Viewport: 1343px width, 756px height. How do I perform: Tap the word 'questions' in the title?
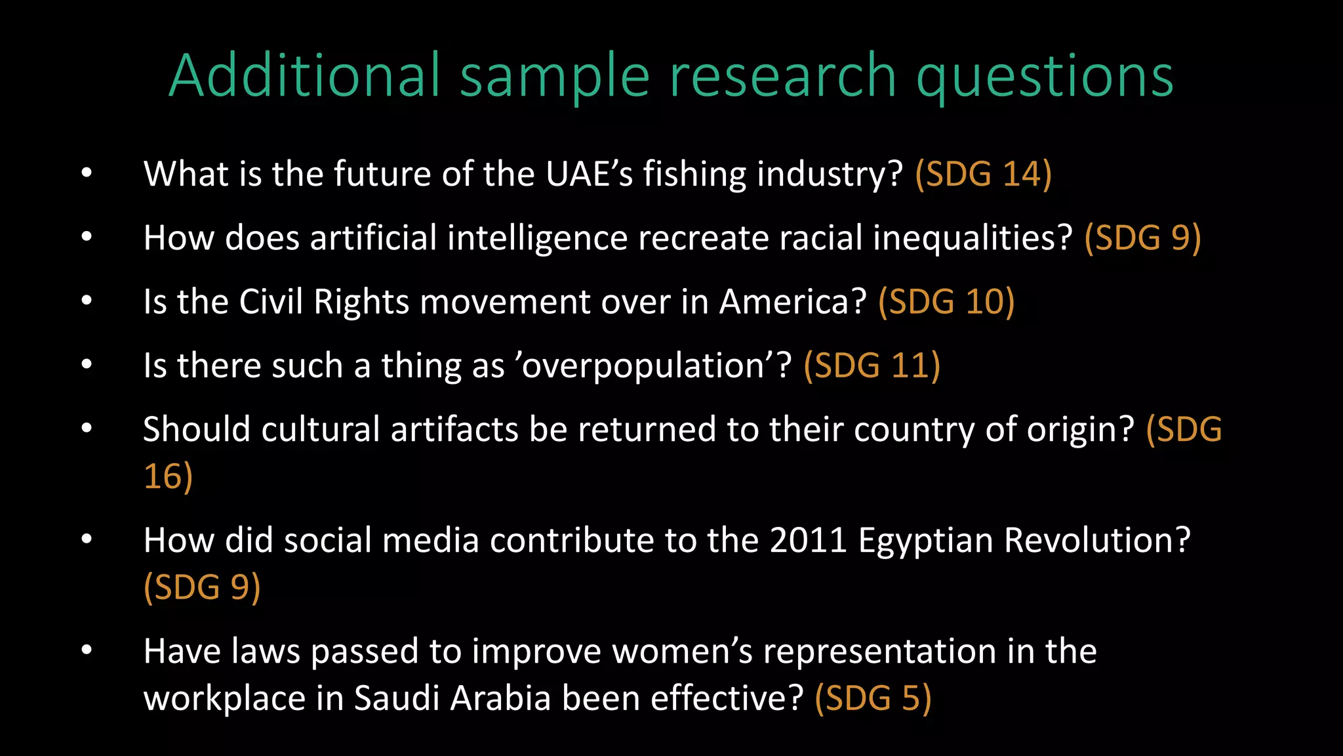[x=1045, y=77]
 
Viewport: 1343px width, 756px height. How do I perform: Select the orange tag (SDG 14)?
[x=983, y=174]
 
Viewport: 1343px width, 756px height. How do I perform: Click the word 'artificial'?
[x=373, y=238]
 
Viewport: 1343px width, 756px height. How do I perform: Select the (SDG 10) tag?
[x=946, y=302]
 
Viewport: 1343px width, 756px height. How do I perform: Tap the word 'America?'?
[x=793, y=302]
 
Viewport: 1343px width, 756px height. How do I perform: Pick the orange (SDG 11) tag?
[x=872, y=366]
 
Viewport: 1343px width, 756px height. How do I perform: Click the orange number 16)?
[x=168, y=476]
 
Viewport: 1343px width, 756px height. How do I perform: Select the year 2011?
[x=808, y=540]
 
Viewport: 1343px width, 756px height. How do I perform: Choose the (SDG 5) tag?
[x=873, y=698]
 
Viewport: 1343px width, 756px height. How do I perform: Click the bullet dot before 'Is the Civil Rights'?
[x=87, y=301]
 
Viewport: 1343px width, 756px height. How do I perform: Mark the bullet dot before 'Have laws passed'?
[x=87, y=650]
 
